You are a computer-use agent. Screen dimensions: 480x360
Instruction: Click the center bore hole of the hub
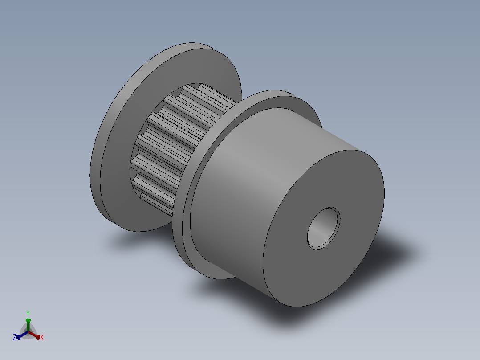(323, 228)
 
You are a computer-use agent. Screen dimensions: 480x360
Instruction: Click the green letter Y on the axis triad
(28, 313)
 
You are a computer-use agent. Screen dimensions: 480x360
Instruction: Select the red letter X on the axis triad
(42, 337)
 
